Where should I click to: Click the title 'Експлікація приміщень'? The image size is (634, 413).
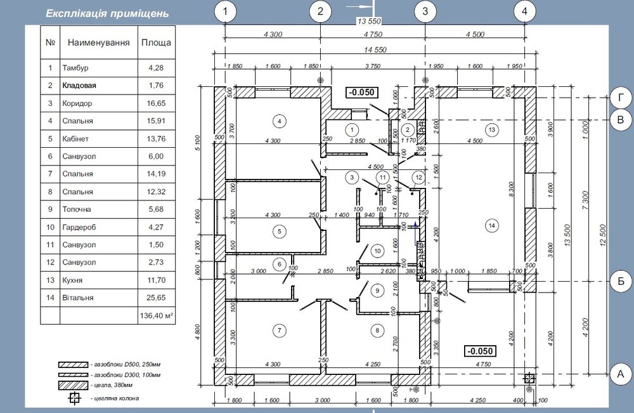[107, 13]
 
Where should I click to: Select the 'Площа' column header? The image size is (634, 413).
[155, 43]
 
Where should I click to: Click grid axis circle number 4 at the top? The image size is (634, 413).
[524, 11]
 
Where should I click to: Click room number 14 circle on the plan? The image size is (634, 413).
[490, 223]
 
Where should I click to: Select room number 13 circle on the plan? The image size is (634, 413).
[490, 129]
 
